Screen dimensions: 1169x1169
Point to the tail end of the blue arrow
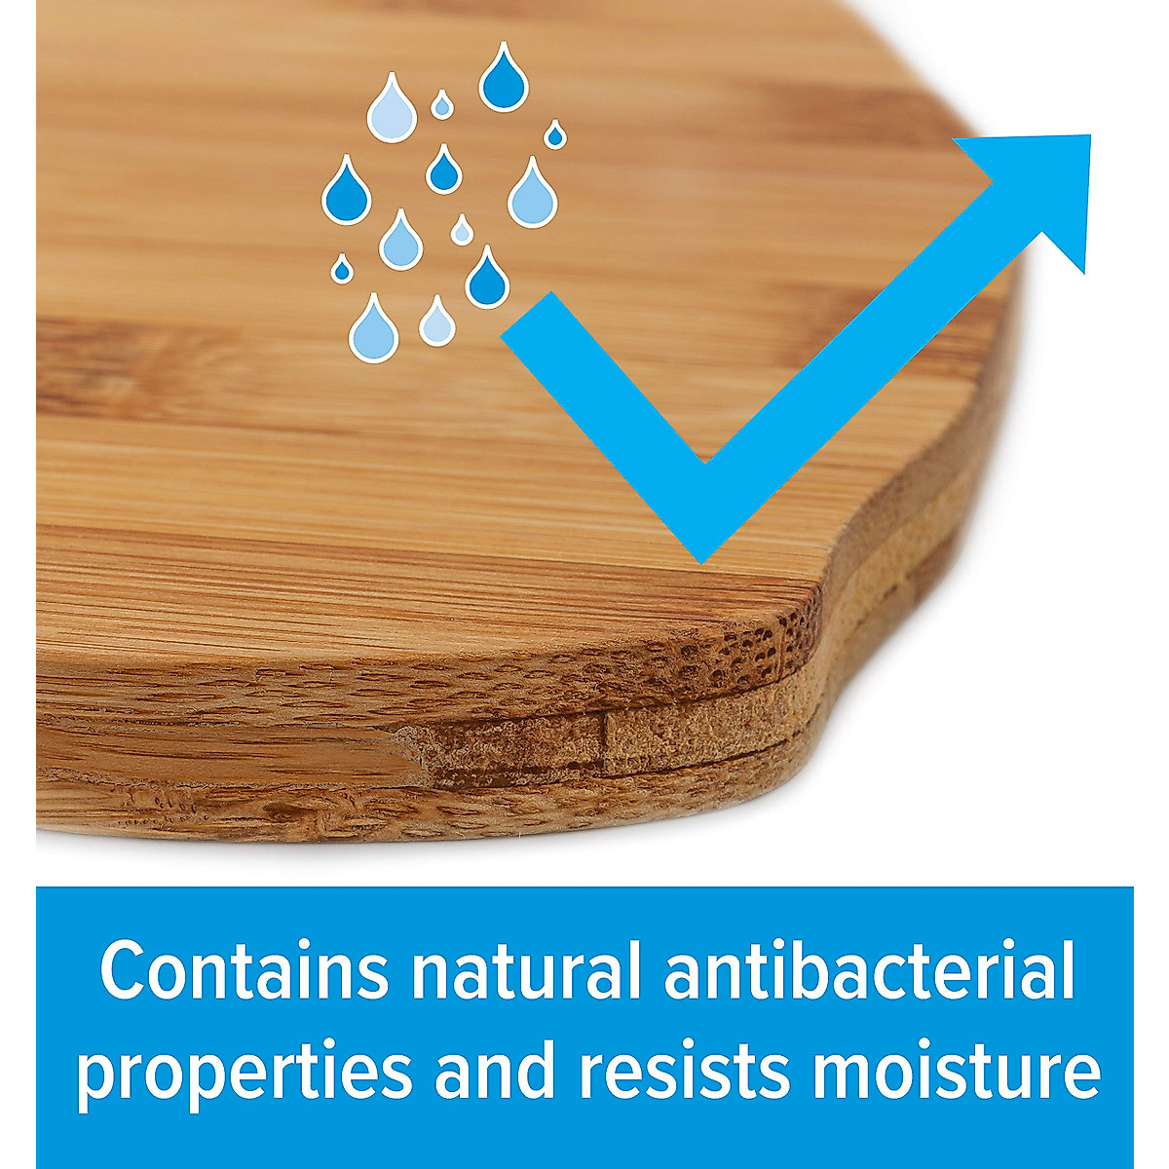(x=527, y=315)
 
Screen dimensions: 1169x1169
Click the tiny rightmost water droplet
(x=554, y=134)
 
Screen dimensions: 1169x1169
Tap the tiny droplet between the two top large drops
(x=441, y=105)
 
